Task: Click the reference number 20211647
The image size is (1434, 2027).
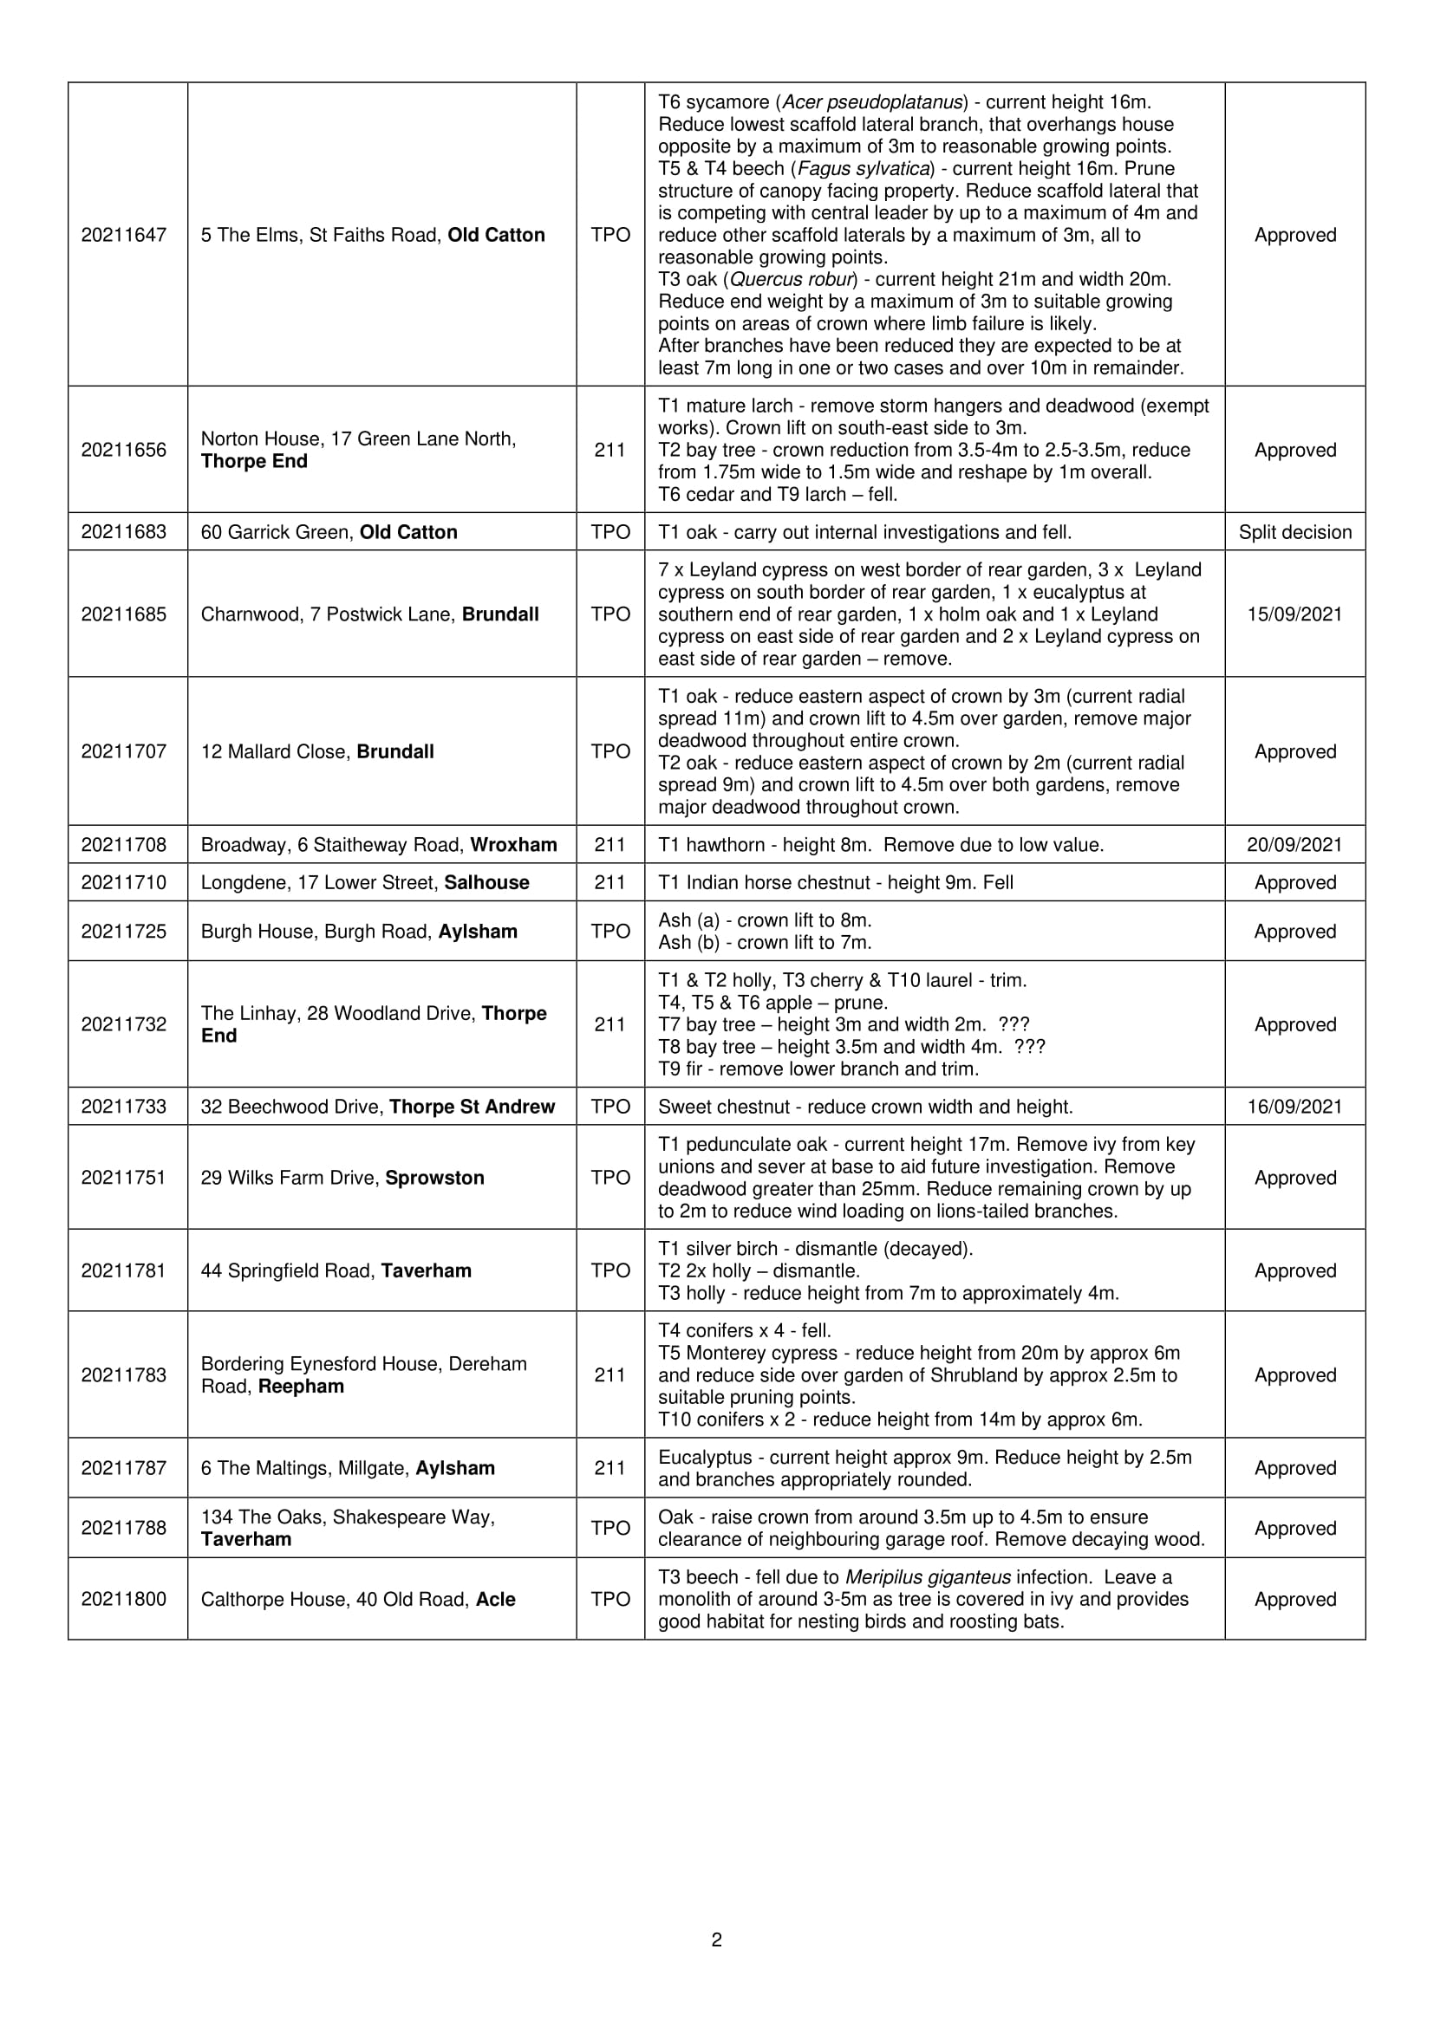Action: pos(124,235)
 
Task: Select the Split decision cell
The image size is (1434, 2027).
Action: pos(1294,532)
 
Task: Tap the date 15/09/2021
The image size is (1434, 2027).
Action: pos(1294,614)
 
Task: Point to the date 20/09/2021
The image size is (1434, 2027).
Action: pos(1294,845)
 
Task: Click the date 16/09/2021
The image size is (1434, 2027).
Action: pos(1294,1107)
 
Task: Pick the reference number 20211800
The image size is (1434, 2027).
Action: pos(124,1600)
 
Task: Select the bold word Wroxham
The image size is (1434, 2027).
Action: pos(513,845)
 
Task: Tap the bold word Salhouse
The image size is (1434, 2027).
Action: pos(486,883)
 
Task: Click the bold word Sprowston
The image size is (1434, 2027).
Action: pos(434,1178)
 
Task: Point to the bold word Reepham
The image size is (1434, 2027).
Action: pos(301,1386)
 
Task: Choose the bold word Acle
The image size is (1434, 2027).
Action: pos(495,1600)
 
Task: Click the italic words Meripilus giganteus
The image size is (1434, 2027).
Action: pos(928,1577)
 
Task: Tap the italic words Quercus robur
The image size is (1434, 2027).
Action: pos(792,280)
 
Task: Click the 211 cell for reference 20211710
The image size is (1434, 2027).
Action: pos(610,883)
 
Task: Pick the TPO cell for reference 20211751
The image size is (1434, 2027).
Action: pos(610,1178)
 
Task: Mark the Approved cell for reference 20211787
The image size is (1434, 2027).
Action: pos(1294,1468)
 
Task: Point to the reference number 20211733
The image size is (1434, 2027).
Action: pos(124,1107)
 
